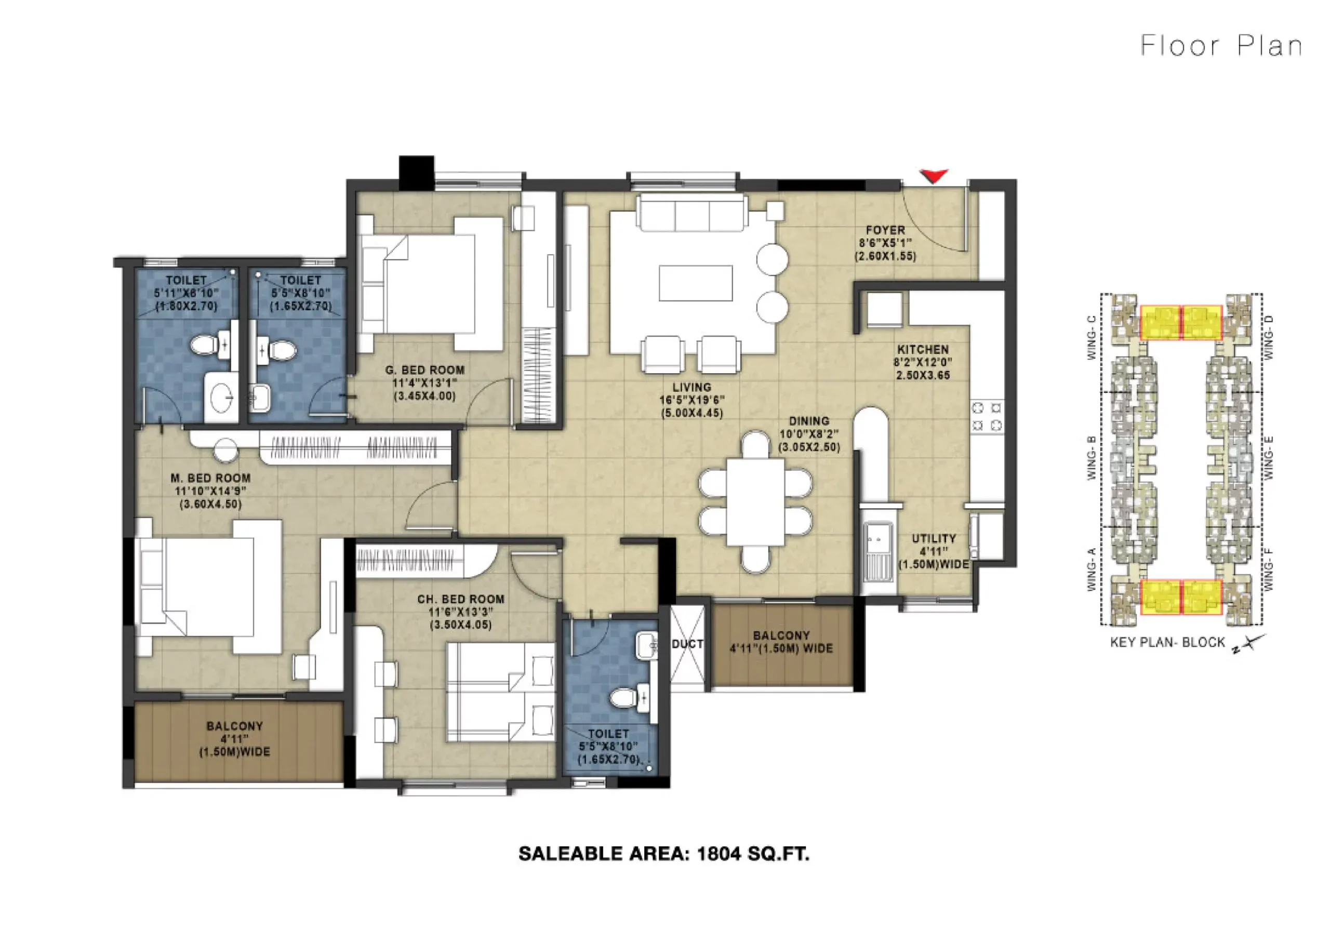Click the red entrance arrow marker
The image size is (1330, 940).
[x=933, y=176]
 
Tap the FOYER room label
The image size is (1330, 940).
[x=885, y=230]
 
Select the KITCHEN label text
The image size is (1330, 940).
[x=923, y=350]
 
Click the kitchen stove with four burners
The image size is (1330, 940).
[x=987, y=417]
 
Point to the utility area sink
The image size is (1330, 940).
[x=877, y=551]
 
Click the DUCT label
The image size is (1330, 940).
[x=687, y=644]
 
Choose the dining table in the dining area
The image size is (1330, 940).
[x=755, y=502]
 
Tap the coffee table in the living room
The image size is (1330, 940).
[x=695, y=283]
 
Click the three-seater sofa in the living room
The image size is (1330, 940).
[x=691, y=213]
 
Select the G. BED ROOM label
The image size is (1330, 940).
[x=424, y=370]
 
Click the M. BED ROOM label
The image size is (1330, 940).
[x=210, y=478]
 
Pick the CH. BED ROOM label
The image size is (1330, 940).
[x=460, y=599]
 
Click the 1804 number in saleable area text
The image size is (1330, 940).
[x=719, y=854]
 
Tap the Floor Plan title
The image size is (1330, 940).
[x=1221, y=46]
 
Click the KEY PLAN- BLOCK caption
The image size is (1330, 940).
[x=1167, y=642]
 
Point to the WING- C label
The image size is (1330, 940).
[x=1092, y=337]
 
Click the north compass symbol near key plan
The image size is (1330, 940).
[x=1248, y=644]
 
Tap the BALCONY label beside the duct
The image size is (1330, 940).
[x=781, y=635]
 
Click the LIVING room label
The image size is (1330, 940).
[x=691, y=387]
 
